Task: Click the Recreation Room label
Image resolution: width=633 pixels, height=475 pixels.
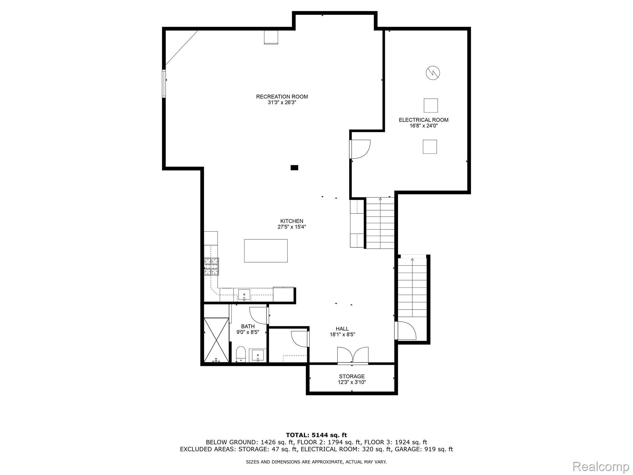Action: click(282, 96)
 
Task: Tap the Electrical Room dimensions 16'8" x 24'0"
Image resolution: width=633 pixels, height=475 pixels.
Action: click(423, 126)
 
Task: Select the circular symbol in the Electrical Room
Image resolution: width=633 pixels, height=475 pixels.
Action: click(433, 73)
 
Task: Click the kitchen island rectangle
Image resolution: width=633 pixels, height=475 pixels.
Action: click(266, 251)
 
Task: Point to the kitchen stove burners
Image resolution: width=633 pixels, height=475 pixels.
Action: click(211, 266)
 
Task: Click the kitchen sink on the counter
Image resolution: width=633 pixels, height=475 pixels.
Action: click(244, 294)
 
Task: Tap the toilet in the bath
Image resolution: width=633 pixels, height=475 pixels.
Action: click(241, 354)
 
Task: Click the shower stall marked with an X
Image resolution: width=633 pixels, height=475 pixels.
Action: click(216, 340)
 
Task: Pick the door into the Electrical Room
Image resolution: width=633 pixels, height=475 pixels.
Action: click(360, 149)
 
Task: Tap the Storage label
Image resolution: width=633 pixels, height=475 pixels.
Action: click(352, 376)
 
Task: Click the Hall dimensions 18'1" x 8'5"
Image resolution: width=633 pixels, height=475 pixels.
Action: click(342, 334)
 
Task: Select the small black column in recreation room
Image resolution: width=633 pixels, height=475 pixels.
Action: click(294, 168)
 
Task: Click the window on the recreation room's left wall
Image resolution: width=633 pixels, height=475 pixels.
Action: click(164, 84)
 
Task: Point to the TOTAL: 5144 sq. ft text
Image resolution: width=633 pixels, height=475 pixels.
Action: click(316, 435)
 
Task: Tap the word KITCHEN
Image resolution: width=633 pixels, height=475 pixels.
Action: click(291, 221)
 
